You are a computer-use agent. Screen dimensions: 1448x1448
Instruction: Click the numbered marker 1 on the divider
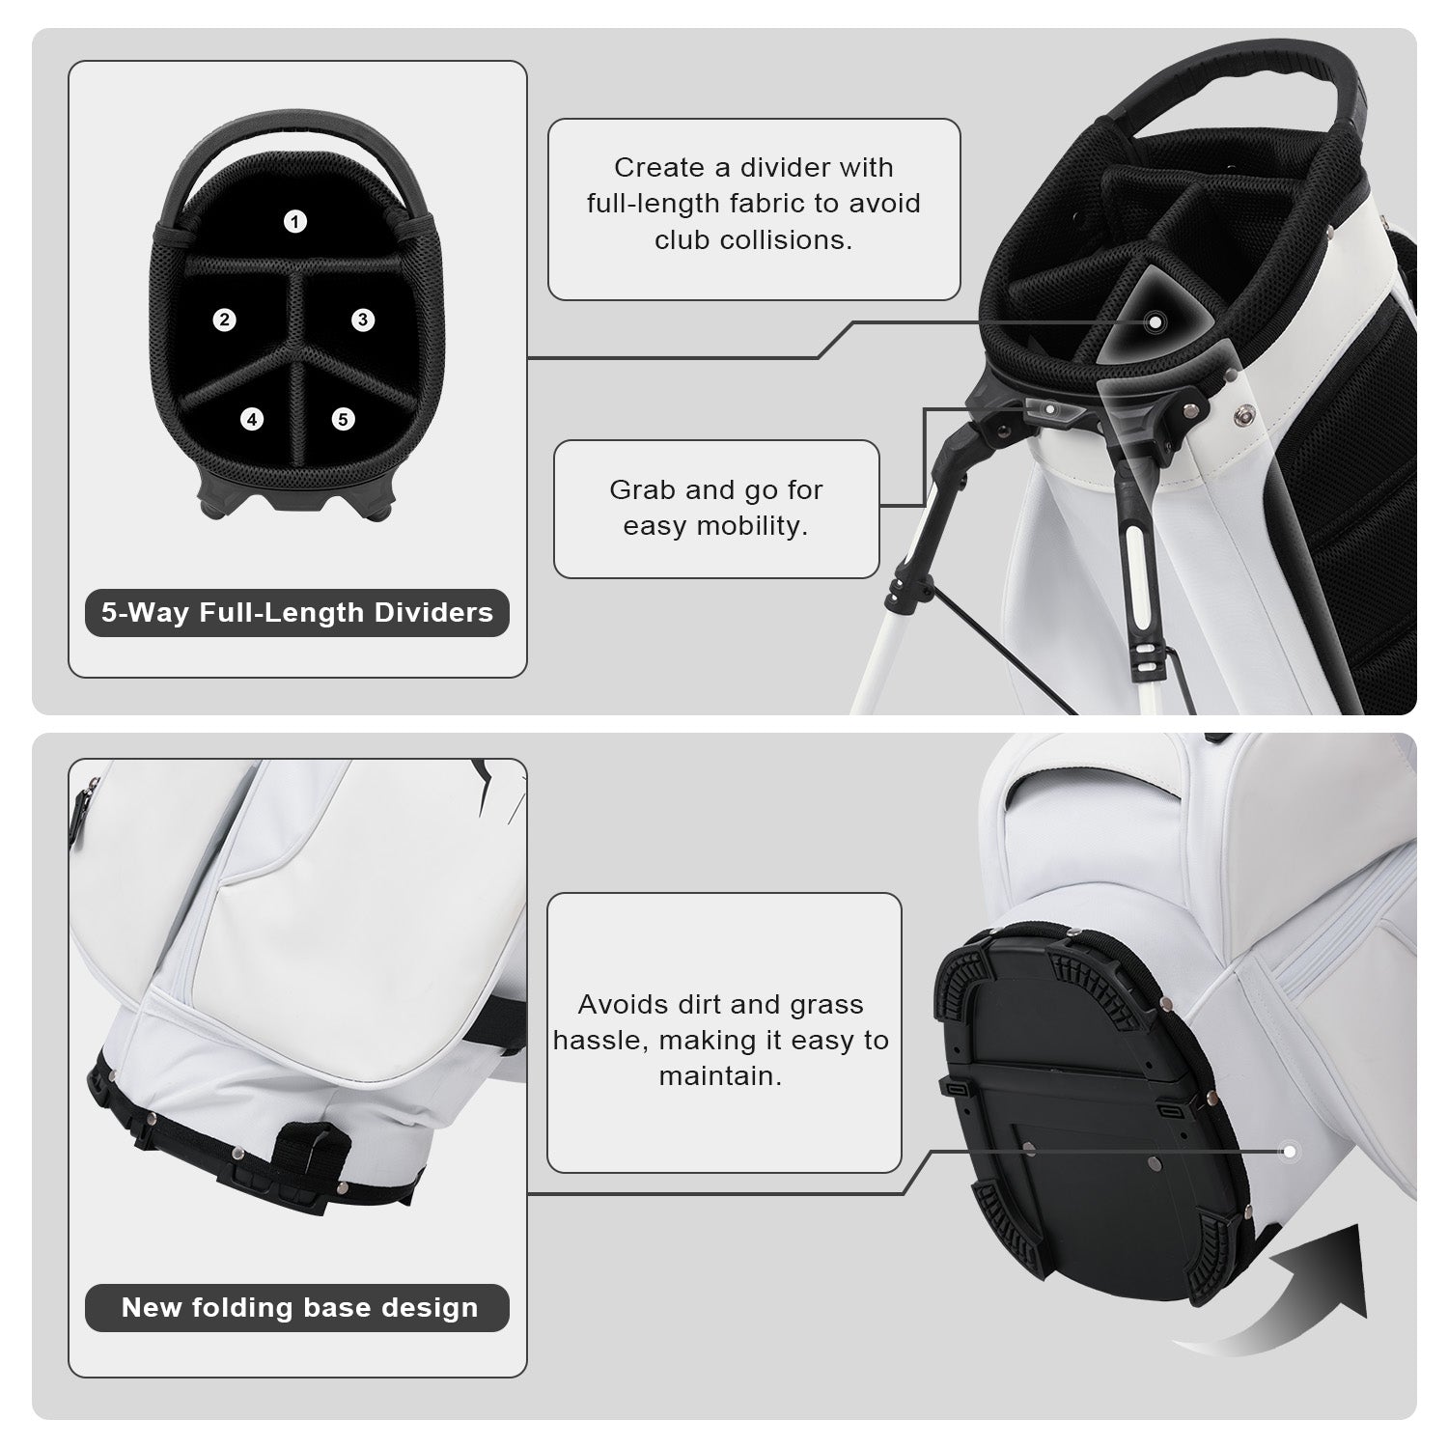[x=295, y=221]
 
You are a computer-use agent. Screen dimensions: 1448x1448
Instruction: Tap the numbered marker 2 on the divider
[x=225, y=320]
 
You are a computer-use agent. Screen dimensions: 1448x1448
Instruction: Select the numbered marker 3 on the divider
[x=363, y=320]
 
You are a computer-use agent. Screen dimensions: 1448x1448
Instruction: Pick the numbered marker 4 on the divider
[x=252, y=419]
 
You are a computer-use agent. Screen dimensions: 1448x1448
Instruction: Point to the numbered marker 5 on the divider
[x=344, y=419]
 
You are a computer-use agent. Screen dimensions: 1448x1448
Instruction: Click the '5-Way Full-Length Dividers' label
[x=297, y=612]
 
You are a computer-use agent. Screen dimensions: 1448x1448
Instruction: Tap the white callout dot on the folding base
[x=1288, y=1151]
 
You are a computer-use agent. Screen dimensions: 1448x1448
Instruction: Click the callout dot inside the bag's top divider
[x=1155, y=320]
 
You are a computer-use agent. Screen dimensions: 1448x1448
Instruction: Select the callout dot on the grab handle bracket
[x=1051, y=408]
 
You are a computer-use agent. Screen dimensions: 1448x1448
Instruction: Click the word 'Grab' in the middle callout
[x=643, y=489]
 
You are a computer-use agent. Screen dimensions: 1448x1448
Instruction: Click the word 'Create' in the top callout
[x=659, y=167]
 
